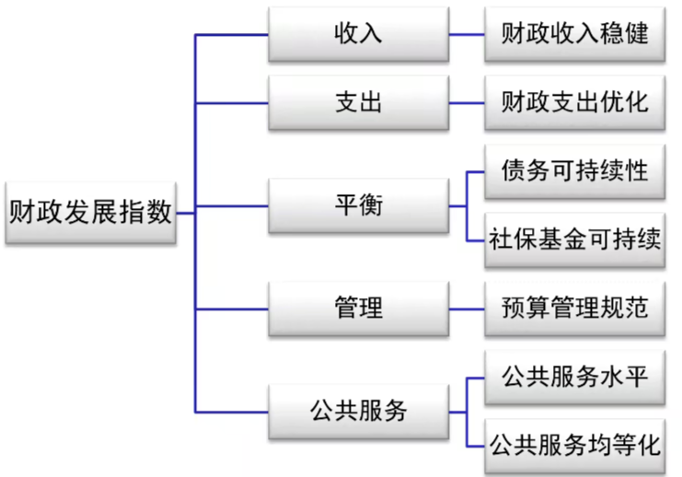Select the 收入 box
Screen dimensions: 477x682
(x=357, y=35)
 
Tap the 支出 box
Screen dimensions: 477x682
(x=357, y=102)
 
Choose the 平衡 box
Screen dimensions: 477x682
(x=357, y=205)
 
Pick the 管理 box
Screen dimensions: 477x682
(x=357, y=308)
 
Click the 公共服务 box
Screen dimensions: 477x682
(x=357, y=412)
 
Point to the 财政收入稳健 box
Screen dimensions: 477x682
(x=574, y=35)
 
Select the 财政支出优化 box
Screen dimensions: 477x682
(x=574, y=102)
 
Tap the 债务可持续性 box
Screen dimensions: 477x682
(x=574, y=171)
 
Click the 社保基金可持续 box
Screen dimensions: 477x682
(x=574, y=239)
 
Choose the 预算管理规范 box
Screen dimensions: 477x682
(x=574, y=308)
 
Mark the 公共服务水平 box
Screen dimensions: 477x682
(x=574, y=378)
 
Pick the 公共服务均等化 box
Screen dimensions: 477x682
(x=574, y=446)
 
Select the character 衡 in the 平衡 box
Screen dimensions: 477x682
(x=370, y=205)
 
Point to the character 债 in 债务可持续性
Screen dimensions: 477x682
(x=513, y=171)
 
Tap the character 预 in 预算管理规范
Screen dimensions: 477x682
(x=513, y=308)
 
